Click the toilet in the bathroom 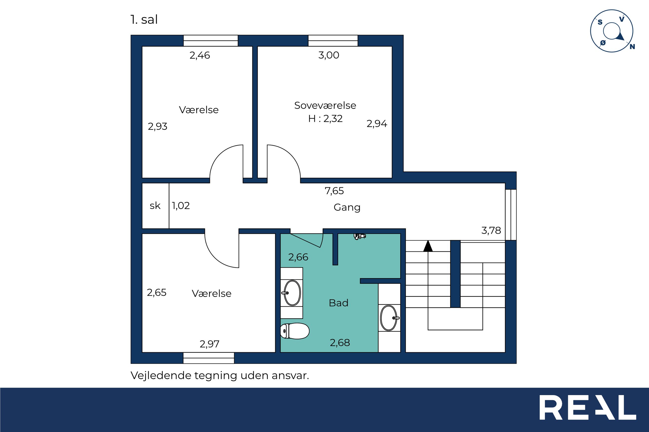coord(295,331)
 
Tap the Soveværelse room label coord(325,105)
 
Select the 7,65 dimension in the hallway coord(334,191)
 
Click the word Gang coord(347,207)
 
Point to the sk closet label coord(155,206)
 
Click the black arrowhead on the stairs coord(428,246)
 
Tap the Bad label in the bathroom coord(338,303)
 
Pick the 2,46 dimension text coord(200,55)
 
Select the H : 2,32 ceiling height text coord(325,118)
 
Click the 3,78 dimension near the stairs coord(491,230)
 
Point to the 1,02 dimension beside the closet coord(181,206)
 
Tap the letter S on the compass coord(600,22)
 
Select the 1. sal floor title coord(144,19)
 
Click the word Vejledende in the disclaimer coord(161,375)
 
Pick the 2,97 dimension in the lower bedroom coord(210,344)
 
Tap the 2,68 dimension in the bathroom coord(340,343)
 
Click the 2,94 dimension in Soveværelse coord(377,124)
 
